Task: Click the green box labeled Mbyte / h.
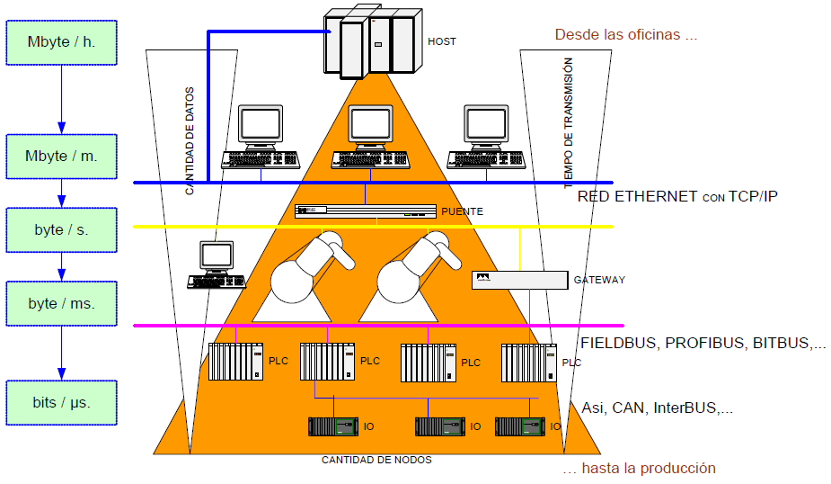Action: [61, 42]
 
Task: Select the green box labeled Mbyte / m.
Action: [61, 156]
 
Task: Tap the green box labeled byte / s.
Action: [61, 229]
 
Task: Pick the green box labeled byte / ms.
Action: [61, 303]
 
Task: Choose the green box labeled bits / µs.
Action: [61, 402]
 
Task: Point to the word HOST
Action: [441, 41]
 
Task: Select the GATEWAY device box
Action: [519, 280]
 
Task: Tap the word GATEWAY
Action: [599, 280]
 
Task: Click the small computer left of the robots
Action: [216, 264]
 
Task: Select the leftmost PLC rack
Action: [235, 361]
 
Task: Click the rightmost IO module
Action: [520, 426]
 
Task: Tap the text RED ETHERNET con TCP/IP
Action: [677, 195]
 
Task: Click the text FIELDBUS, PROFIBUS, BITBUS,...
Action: [703, 343]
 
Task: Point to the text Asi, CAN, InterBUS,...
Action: [657, 408]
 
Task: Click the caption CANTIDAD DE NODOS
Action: [376, 460]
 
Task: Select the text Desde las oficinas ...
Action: [625, 35]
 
